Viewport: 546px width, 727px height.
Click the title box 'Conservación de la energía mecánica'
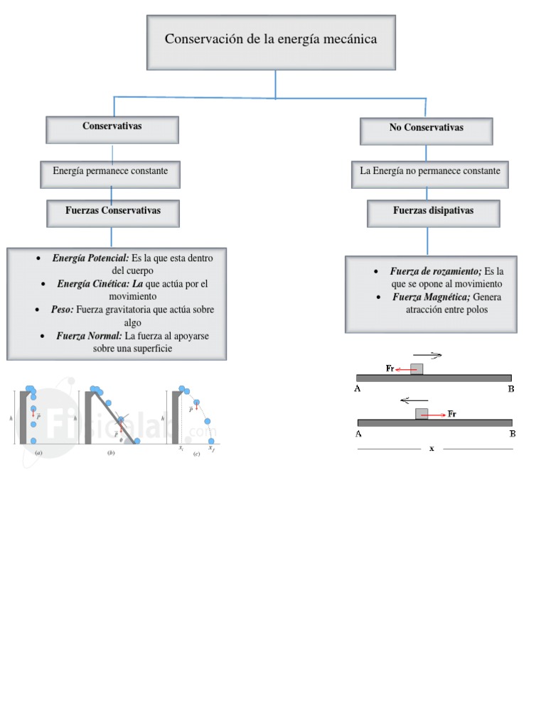[271, 40]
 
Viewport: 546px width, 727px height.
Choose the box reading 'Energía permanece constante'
[110, 172]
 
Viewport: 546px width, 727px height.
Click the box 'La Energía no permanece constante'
[430, 172]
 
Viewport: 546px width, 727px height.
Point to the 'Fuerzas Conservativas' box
[112, 212]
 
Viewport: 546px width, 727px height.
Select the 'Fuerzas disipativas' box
[433, 212]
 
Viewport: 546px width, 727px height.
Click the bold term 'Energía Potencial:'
[90, 258]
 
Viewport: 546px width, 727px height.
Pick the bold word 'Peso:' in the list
[63, 310]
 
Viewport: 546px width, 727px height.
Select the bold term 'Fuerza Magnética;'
[432, 297]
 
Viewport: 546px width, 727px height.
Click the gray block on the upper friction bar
[417, 368]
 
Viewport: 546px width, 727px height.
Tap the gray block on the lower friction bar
[422, 413]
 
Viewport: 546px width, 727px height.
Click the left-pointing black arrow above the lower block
[414, 400]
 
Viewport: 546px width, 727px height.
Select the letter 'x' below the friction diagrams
[432, 449]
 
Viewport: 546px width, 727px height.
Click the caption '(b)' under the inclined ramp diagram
[111, 452]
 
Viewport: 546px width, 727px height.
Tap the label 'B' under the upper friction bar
[510, 388]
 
